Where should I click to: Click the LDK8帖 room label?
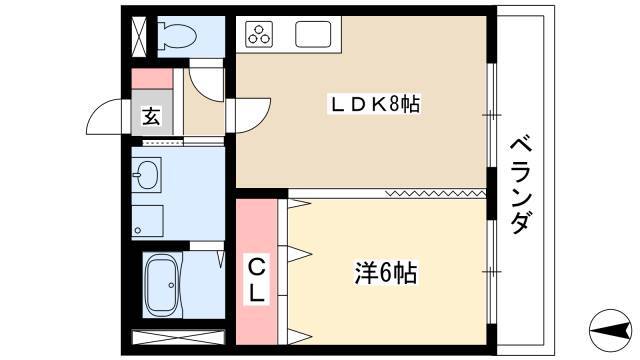tap(374, 104)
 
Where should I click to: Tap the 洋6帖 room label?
tap(385, 273)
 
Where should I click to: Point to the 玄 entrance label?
tap(151, 116)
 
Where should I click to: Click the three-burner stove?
tap(259, 34)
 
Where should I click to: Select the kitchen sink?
tap(313, 34)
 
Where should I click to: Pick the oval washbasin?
tap(146, 174)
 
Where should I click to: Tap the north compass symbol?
tap(611, 331)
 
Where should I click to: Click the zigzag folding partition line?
tap(436, 193)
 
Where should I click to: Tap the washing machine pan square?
tap(147, 221)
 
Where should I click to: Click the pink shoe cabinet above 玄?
tap(152, 79)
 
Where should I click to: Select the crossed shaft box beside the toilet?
tap(139, 36)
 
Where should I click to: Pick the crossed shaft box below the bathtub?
tap(178, 337)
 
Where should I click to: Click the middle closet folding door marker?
tap(300, 253)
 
